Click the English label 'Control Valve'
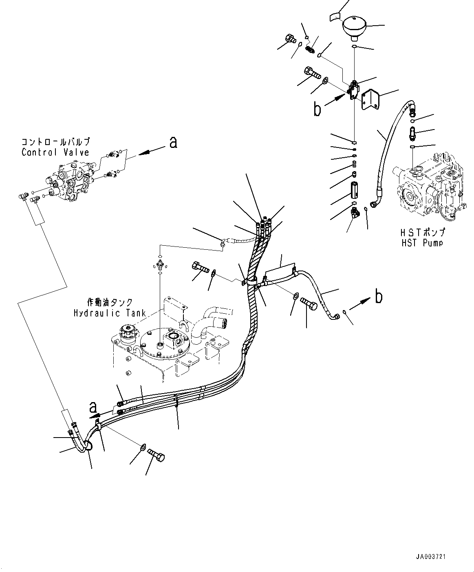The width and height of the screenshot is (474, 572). [x=55, y=152]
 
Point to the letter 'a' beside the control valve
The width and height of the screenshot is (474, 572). [x=173, y=143]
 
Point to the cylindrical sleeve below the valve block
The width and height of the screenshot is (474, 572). [x=354, y=190]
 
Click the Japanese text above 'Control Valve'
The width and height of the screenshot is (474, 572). [x=55, y=142]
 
